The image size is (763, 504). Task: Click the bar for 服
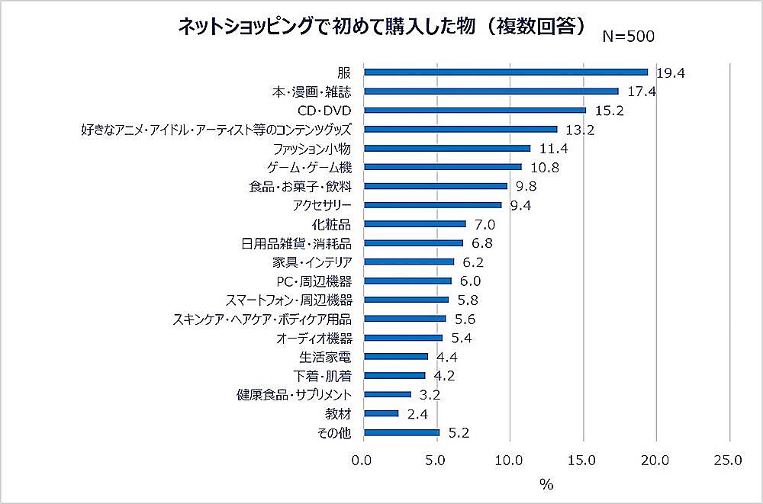[506, 72]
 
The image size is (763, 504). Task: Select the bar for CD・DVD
[475, 110]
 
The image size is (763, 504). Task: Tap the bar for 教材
[381, 413]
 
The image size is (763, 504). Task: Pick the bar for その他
[402, 432]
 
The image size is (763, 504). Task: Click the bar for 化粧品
[415, 224]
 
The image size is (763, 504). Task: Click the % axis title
[546, 484]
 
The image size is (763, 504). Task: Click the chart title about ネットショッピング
[381, 27]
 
